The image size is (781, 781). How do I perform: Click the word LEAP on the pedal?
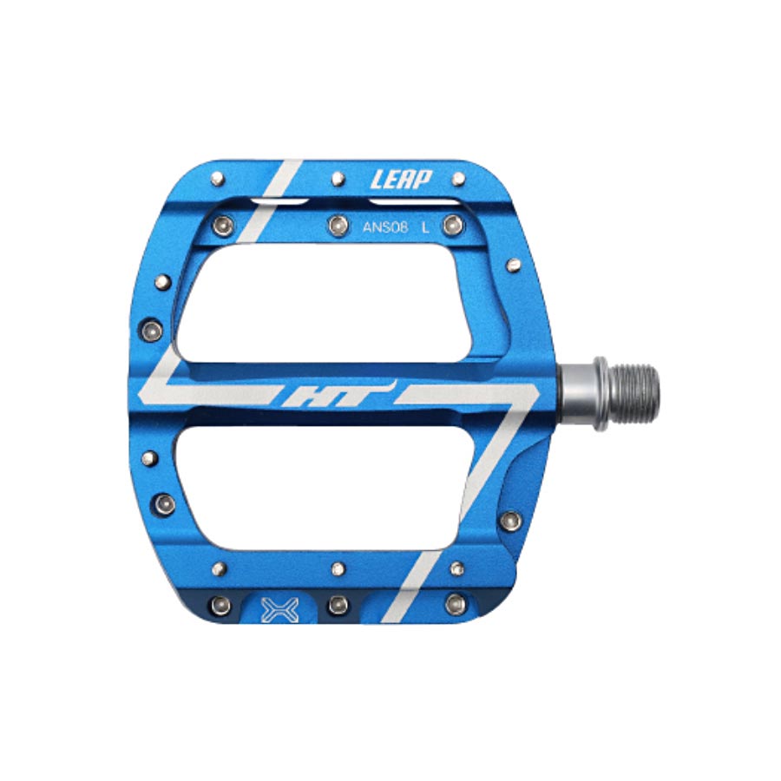click(x=400, y=180)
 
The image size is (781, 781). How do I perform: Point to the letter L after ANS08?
click(x=424, y=228)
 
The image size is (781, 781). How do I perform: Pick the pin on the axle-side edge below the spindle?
click(x=511, y=521)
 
